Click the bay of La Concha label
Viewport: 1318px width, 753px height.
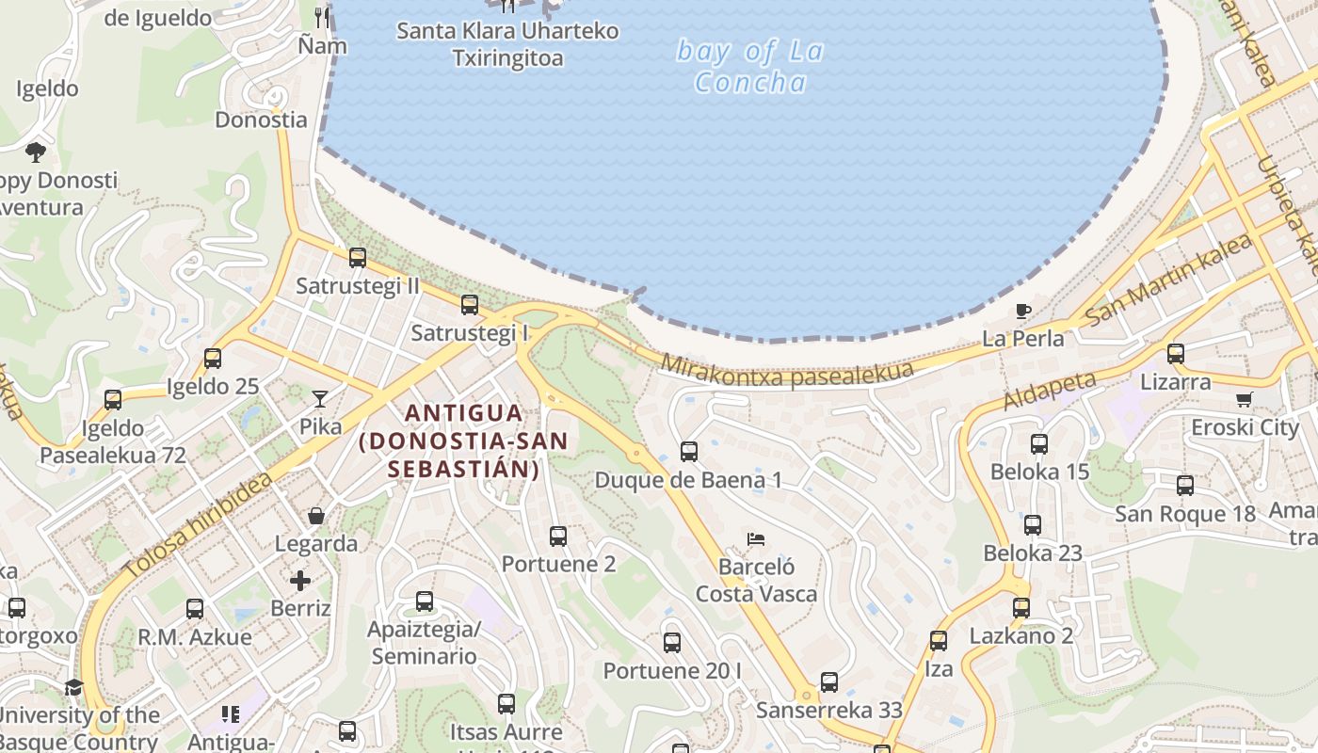(x=750, y=66)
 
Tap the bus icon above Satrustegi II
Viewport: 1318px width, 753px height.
(x=357, y=258)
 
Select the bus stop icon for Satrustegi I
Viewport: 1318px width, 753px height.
(x=469, y=305)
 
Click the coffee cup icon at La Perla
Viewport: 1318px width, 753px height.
(x=1022, y=311)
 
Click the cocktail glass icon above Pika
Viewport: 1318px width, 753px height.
(x=320, y=399)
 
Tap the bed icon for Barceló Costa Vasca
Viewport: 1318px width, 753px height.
(x=755, y=539)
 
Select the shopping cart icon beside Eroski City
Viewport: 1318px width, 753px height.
(x=1245, y=399)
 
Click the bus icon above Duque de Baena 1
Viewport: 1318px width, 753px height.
(x=688, y=452)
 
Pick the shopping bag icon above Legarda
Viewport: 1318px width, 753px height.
(x=315, y=516)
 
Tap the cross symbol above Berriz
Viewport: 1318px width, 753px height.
(x=300, y=580)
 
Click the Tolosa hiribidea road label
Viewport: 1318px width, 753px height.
(x=198, y=525)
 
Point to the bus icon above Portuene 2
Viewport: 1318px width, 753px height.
(x=558, y=537)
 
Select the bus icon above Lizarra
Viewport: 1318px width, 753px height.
(x=1175, y=354)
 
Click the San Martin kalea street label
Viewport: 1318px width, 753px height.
(x=1167, y=280)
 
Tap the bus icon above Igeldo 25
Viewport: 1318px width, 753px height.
(x=213, y=359)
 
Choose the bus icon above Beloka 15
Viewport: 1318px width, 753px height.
(x=1038, y=444)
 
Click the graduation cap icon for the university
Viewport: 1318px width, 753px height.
(x=73, y=688)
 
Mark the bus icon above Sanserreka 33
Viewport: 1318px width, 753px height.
(x=828, y=682)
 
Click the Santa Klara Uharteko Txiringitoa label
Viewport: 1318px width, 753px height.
(x=507, y=44)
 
